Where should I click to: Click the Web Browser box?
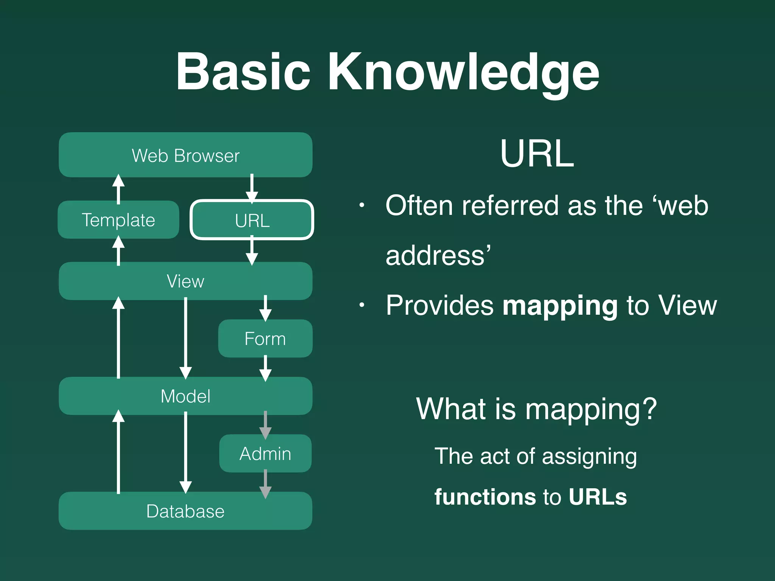pos(185,155)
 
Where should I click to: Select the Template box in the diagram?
pos(118,220)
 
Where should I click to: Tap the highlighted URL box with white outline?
pos(252,220)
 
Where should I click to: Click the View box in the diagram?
pos(185,281)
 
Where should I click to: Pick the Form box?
pos(265,339)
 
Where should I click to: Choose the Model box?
pos(185,396)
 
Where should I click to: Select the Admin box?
pos(265,454)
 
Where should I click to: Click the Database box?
pos(185,511)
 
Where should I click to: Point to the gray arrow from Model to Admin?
pos(265,425)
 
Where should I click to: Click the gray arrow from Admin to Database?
pos(265,484)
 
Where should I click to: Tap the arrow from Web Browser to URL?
pos(252,188)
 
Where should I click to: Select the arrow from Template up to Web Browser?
pos(118,189)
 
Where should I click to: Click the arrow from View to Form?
pos(265,308)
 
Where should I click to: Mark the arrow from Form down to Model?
pos(265,368)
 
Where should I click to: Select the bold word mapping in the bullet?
pos(560,305)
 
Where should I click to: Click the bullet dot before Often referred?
pos(362,205)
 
